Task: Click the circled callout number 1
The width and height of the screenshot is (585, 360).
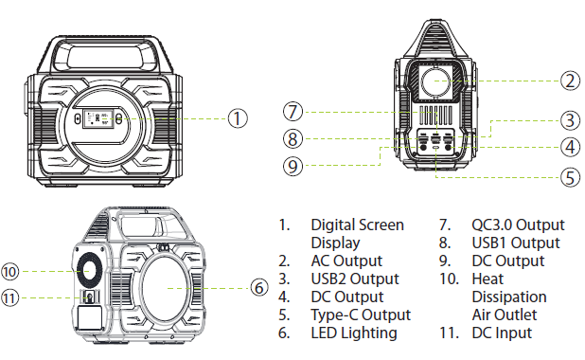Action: point(238,118)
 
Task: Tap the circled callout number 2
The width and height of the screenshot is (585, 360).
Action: point(570,81)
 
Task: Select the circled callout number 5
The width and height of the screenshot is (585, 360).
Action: point(570,177)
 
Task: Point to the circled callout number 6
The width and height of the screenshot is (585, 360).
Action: point(258,288)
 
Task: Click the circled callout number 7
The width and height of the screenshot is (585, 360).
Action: point(292,112)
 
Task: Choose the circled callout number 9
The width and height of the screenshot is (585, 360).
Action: point(292,166)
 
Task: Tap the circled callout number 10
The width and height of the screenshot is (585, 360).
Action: point(10,272)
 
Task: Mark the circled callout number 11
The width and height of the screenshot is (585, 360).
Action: point(10,298)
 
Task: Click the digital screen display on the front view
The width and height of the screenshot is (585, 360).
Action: point(98,118)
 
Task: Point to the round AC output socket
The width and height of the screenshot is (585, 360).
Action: point(435,81)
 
